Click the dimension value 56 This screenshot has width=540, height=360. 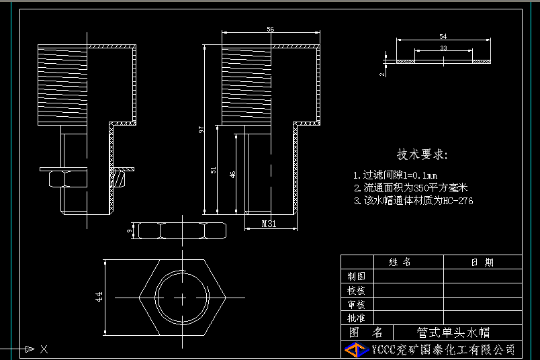(271, 29)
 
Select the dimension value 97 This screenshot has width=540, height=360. (201, 130)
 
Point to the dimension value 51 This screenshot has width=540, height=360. (214, 171)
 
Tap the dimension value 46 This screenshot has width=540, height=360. (233, 174)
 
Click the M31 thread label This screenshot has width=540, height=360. (269, 224)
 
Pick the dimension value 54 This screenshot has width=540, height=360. (443, 36)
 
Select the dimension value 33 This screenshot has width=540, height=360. (443, 48)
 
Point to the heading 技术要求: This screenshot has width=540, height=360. (422, 154)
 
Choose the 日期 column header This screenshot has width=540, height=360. (482, 262)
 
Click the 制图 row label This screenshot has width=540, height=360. (356, 276)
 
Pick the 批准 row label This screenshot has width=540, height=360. (356, 318)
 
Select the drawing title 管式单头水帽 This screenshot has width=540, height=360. (453, 332)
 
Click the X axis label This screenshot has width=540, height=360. (44, 349)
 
